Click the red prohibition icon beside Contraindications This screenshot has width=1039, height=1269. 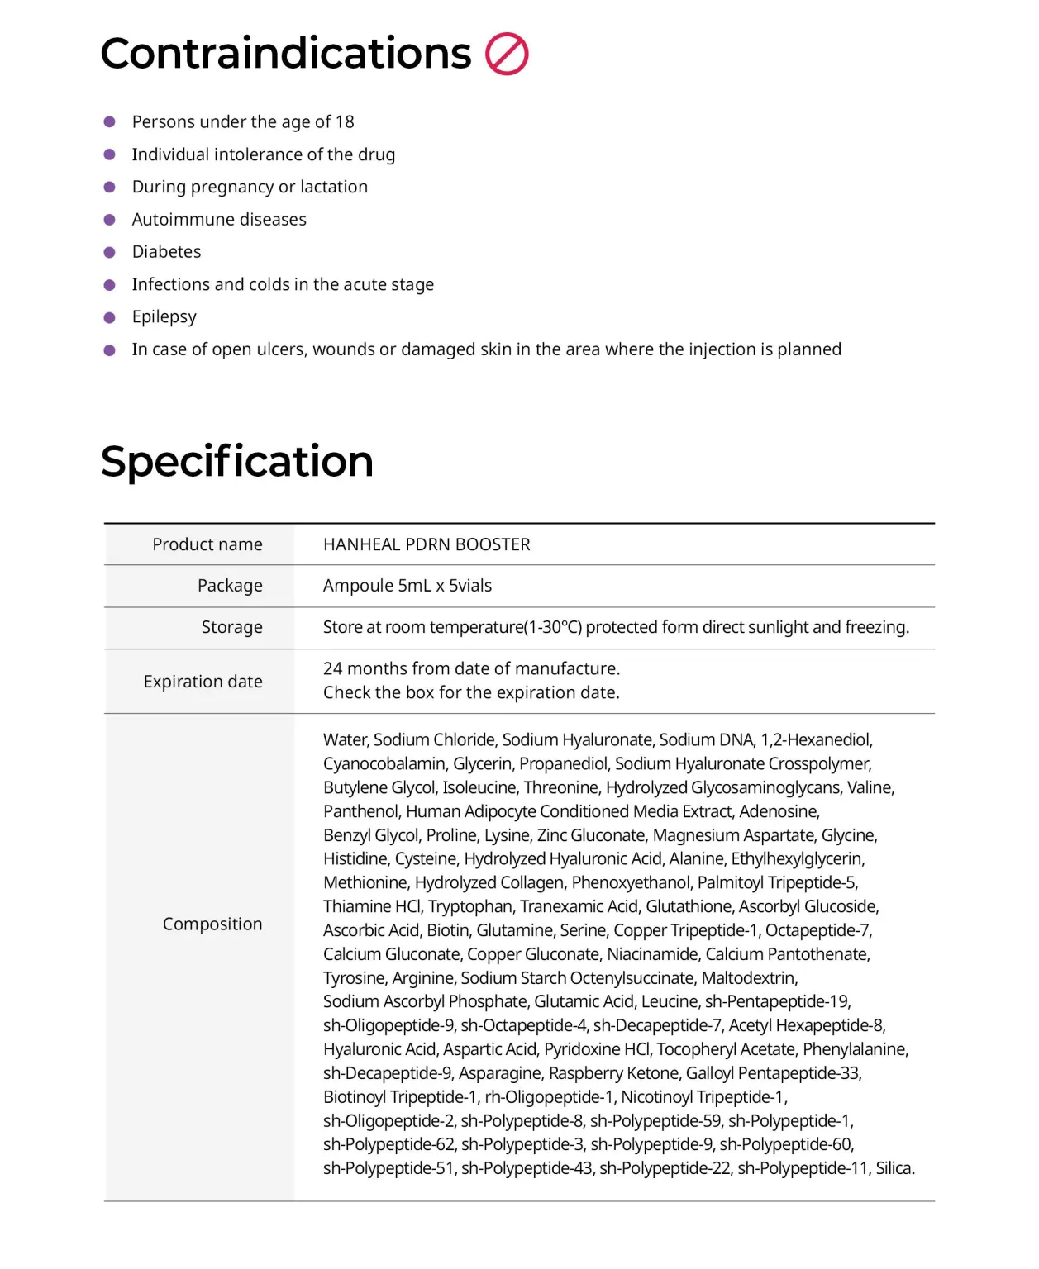coord(506,55)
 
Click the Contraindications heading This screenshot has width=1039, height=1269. coord(285,55)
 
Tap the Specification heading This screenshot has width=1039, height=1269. coord(236,461)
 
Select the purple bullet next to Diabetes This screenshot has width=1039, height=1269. coord(109,252)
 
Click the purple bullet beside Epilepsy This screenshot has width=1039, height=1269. coord(109,317)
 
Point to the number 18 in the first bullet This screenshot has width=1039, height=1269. coord(345,122)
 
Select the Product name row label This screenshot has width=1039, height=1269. coord(207,544)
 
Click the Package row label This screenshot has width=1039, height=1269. coord(230,586)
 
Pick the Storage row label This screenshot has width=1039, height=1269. coord(231,627)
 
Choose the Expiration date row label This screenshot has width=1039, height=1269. coord(203,682)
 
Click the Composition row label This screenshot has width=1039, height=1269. coord(212,924)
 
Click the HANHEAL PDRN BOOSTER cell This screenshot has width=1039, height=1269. coord(427,544)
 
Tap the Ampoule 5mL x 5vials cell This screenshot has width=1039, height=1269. coord(407,586)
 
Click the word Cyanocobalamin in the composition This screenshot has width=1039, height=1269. coord(376,763)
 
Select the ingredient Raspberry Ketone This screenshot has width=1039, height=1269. coord(613,1073)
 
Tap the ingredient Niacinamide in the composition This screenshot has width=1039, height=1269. coord(652,954)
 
